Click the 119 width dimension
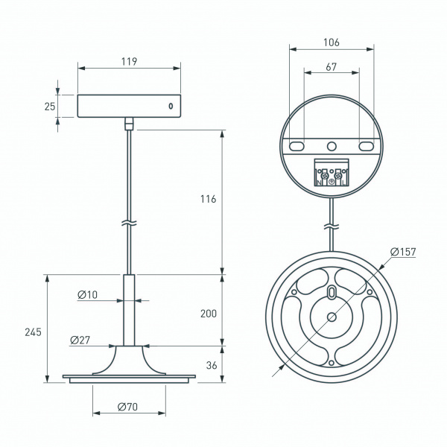point(129,61)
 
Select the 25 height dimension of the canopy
point(50,107)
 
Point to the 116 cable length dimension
point(209,199)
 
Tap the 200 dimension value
point(209,314)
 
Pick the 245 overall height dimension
point(33,332)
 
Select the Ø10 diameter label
point(87,295)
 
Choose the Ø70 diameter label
point(128,408)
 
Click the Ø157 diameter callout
point(402,251)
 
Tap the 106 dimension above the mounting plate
point(332,42)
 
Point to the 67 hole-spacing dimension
point(332,67)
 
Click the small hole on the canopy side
point(171,106)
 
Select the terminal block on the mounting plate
point(332,174)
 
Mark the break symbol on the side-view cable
point(130,223)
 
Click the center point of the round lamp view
point(332,317)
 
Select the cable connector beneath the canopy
point(130,124)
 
